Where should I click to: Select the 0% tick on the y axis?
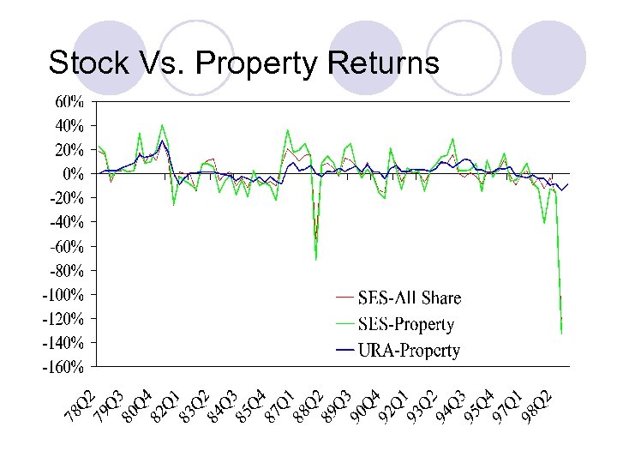click(x=75, y=174)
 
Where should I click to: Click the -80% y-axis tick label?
click(x=65, y=271)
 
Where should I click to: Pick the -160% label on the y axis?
click(x=63, y=368)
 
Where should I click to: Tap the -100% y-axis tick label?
click(x=63, y=295)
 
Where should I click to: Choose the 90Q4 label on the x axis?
click(x=363, y=407)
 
